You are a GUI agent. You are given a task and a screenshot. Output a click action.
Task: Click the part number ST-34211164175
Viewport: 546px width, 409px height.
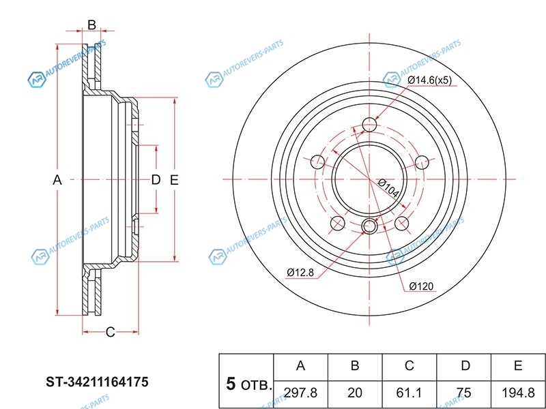[97, 382]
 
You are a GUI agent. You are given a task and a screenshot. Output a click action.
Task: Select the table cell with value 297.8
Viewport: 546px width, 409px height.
[301, 394]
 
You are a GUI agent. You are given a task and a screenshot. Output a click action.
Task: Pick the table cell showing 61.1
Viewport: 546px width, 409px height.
[409, 394]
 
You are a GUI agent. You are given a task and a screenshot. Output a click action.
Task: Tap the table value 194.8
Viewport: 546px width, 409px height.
[518, 394]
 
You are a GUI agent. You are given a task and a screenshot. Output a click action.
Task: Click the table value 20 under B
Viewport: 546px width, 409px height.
[355, 394]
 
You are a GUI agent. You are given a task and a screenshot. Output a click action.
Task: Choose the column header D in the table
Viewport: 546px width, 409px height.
[465, 366]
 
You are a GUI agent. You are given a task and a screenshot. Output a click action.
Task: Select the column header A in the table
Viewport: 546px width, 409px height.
[301, 366]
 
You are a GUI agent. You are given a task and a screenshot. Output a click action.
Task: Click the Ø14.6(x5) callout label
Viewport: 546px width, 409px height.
[429, 80]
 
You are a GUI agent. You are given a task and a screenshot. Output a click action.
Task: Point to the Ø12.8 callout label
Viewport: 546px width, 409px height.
[300, 272]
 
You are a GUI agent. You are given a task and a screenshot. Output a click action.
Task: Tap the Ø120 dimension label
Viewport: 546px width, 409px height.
[421, 286]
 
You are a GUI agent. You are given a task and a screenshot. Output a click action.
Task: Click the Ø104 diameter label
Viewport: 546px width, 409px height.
[388, 188]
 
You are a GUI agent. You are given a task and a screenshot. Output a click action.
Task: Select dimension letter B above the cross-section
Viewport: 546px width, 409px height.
[91, 25]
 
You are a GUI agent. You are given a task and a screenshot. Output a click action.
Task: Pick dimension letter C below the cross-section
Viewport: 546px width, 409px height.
[110, 332]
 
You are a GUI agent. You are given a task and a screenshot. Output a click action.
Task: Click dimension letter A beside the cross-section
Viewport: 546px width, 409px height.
[57, 180]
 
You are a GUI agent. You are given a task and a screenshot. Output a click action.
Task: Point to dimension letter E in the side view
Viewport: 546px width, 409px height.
[174, 180]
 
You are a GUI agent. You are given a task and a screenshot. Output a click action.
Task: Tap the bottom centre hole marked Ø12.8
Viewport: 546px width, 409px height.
[369, 226]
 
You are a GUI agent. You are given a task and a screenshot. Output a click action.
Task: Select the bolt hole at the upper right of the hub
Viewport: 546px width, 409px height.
[422, 162]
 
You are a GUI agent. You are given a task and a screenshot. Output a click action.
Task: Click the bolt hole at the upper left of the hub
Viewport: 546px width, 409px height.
[317, 162]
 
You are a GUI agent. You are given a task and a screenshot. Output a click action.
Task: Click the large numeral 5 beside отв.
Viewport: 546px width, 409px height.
[231, 384]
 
